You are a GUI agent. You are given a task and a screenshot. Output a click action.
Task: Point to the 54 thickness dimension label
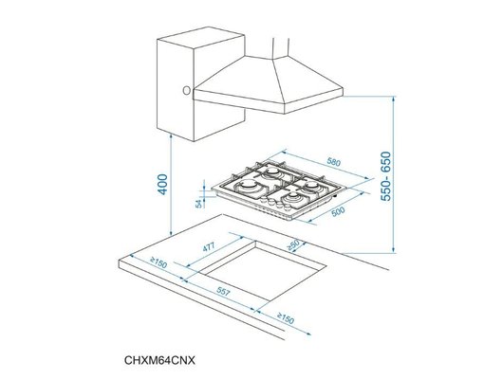[198, 202]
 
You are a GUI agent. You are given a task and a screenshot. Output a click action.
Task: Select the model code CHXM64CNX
[166, 360]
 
